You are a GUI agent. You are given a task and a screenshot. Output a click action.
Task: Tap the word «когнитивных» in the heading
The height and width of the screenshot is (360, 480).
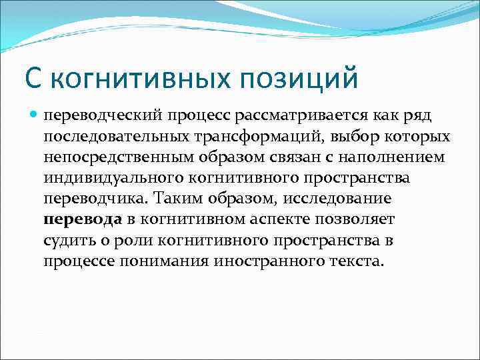point(143,78)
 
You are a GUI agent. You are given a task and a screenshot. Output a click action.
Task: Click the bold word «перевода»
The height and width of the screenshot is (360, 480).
point(83,219)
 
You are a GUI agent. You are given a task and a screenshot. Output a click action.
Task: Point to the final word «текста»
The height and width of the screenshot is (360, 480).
point(356,261)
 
